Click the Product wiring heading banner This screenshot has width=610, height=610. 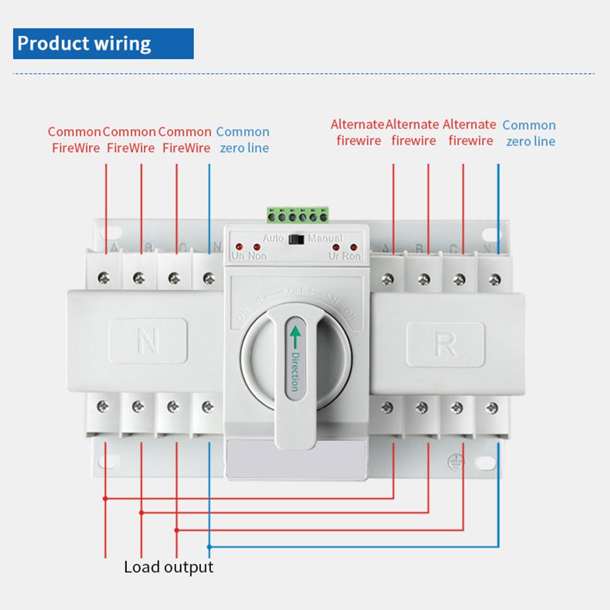tap(103, 43)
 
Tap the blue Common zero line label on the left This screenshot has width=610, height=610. tap(243, 140)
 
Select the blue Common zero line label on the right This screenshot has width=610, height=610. tap(529, 133)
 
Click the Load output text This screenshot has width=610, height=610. tap(169, 567)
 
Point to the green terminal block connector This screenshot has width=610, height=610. tap(298, 215)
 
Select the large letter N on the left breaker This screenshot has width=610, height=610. tap(147, 341)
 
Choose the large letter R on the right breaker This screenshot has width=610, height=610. tap(445, 345)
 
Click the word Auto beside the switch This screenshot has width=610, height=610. tap(274, 238)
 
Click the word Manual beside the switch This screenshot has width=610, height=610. tap(325, 238)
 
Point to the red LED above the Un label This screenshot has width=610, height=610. tap(238, 247)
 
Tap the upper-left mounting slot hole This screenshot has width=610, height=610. tap(108, 234)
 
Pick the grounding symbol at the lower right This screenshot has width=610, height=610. tap(454, 462)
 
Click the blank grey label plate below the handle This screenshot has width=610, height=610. tap(296, 459)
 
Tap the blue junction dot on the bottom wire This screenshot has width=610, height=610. tap(210, 545)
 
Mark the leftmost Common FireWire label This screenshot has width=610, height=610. tap(74, 140)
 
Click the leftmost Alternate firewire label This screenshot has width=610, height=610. tap(358, 133)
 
